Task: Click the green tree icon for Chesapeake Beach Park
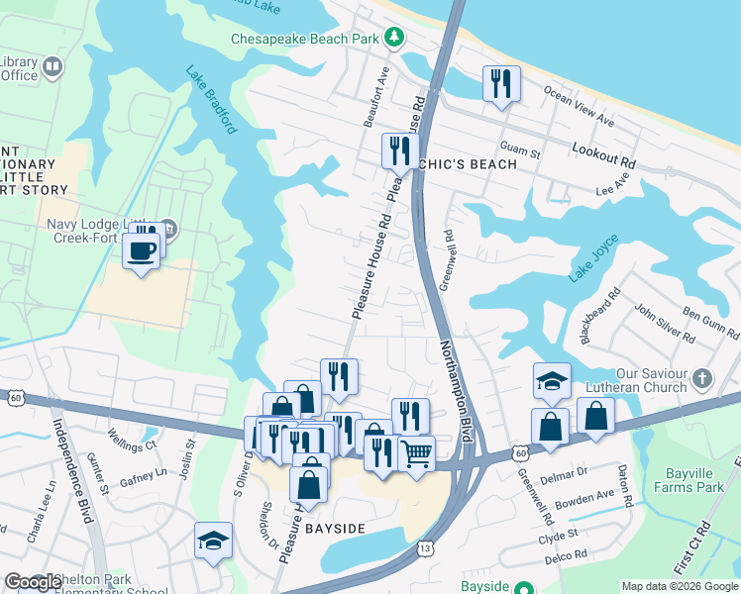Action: [395, 38]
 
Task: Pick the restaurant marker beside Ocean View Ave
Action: [501, 84]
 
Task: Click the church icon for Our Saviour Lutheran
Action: [702, 378]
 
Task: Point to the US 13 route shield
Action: [424, 547]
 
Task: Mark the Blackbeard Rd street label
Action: [601, 315]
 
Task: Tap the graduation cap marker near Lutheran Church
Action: [552, 381]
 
